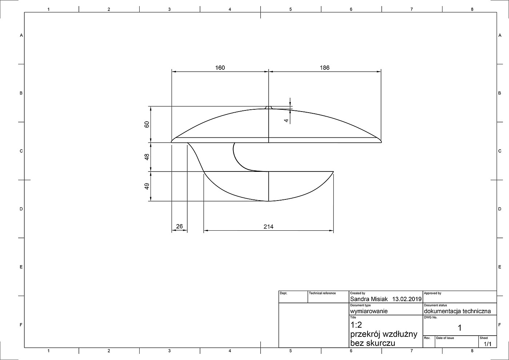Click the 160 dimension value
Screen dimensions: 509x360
220,68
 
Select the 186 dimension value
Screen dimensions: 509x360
324,68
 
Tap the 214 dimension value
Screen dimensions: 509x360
268,227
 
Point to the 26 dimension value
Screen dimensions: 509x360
180,226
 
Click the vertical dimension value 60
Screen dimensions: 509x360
147,124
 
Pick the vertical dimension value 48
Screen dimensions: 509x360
147,157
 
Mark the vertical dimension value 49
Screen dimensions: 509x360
147,186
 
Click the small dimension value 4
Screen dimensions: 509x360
286,121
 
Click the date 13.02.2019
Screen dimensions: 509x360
407,299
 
